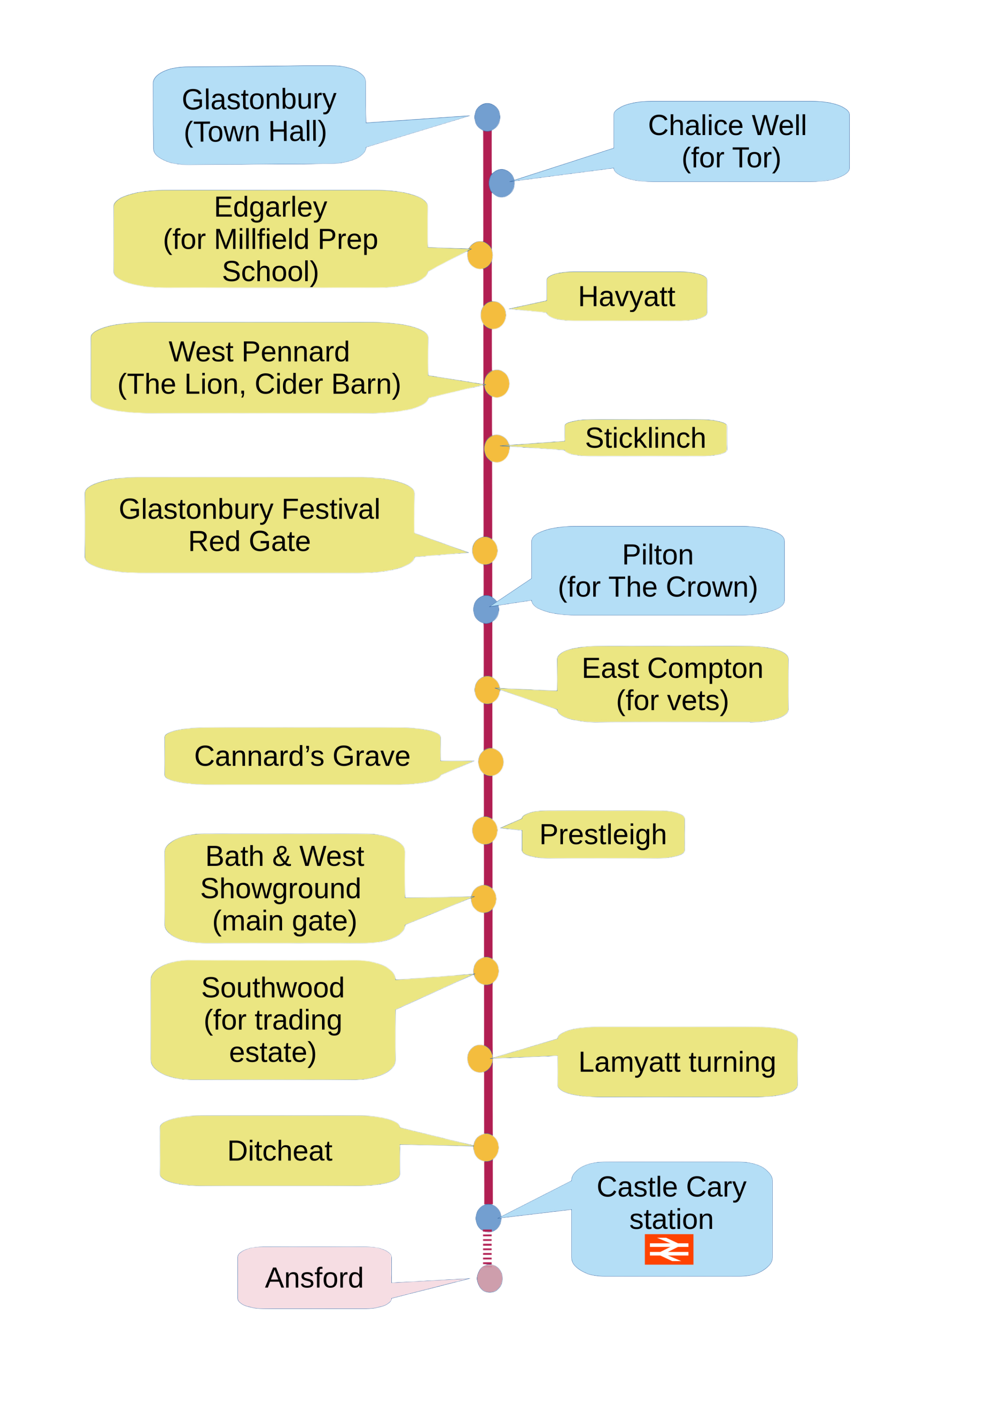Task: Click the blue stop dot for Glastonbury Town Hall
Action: pos(487,117)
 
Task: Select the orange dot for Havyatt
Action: pos(494,316)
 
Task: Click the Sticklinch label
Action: pos(645,438)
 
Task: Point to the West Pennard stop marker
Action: pos(497,384)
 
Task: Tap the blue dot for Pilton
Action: pos(486,609)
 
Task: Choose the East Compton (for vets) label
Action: pos(672,685)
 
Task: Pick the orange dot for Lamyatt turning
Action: pos(480,1059)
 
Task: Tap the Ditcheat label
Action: pos(280,1151)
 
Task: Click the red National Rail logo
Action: pos(668,1249)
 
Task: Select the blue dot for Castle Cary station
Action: pos(489,1218)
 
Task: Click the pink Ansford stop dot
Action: pos(490,1278)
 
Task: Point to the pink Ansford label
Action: pos(314,1277)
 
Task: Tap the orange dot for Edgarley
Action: pos(480,255)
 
